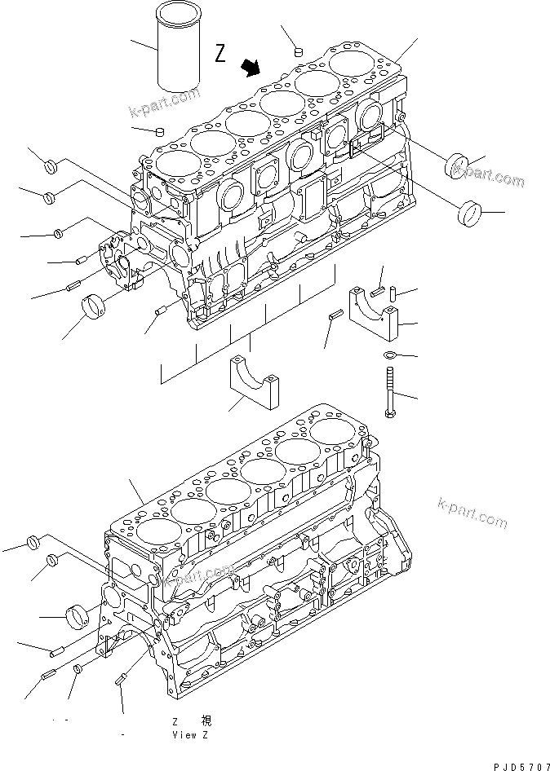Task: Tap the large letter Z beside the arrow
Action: (x=220, y=54)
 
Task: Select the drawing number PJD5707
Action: (x=521, y=766)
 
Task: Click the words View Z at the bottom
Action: (x=190, y=735)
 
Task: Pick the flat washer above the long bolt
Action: (x=389, y=355)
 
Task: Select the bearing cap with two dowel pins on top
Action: (x=376, y=314)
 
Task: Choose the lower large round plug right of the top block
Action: (x=468, y=214)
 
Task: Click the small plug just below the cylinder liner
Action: (x=161, y=130)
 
